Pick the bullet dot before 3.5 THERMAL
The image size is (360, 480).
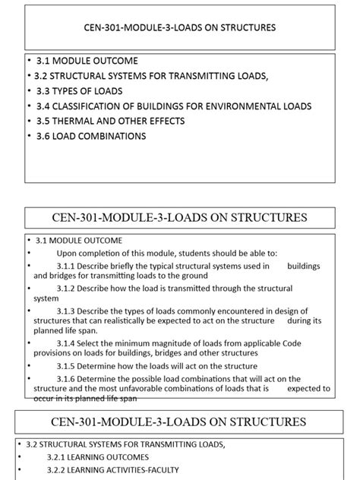(x=29, y=121)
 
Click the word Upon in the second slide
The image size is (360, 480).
(x=68, y=253)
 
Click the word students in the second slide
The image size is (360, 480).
(x=178, y=253)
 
